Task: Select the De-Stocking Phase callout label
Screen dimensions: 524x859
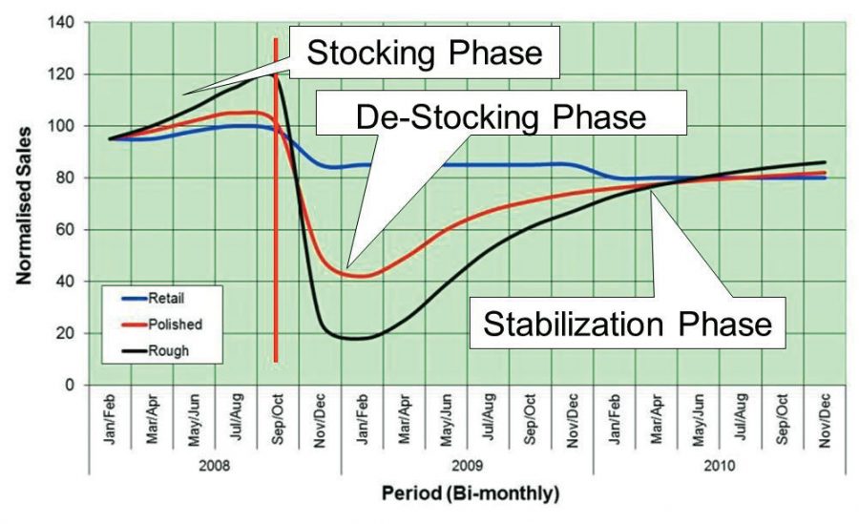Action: pos(500,116)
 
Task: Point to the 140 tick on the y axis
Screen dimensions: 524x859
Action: pos(68,22)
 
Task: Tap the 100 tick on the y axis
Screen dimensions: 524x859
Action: pos(68,126)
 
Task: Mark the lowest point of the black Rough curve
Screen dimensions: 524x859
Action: pos(357,338)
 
